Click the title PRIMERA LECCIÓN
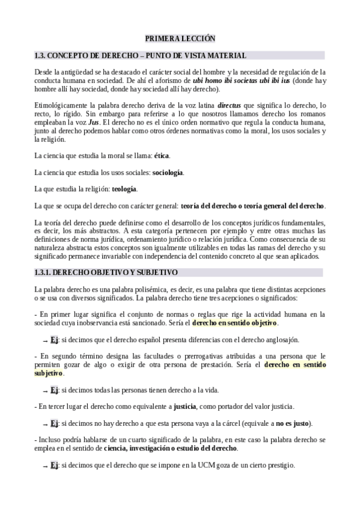[180, 38]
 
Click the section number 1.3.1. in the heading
[44, 272]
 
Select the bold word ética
[162, 156]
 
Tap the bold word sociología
[168, 173]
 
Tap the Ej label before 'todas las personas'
[54, 389]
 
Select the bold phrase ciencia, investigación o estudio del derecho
[170, 448]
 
